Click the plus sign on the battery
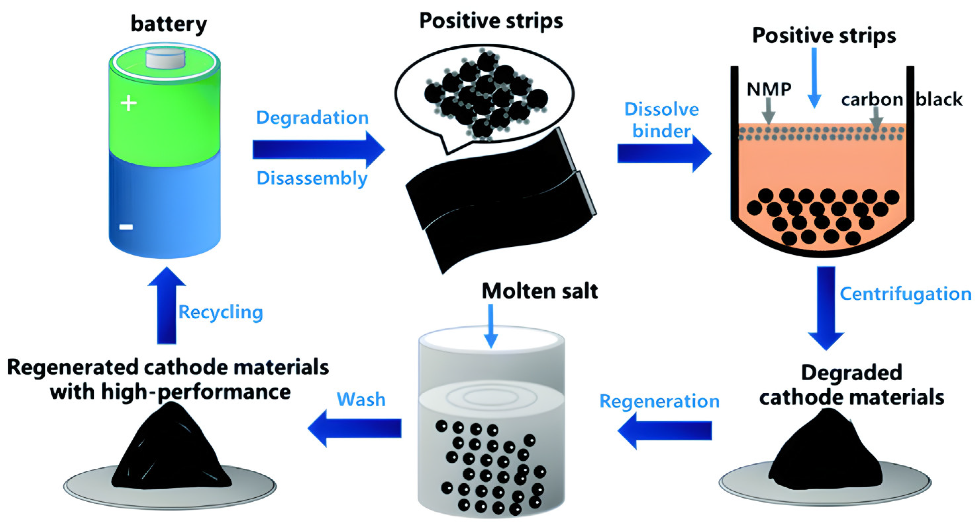click(x=128, y=103)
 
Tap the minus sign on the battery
click(x=126, y=227)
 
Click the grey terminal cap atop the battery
click(x=166, y=59)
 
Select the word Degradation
click(x=312, y=117)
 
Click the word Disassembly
click(x=312, y=178)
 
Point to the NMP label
click(x=769, y=89)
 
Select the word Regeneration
click(x=659, y=401)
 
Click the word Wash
click(x=361, y=399)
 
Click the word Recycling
click(x=221, y=312)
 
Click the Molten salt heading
click(x=540, y=291)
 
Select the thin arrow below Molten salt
click(x=491, y=326)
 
